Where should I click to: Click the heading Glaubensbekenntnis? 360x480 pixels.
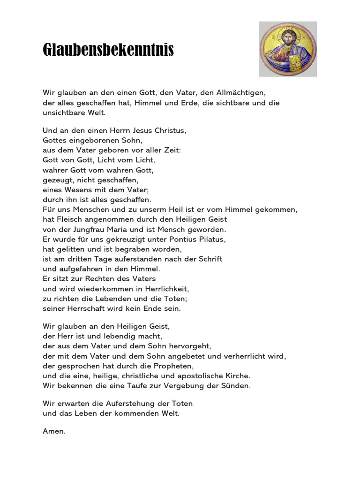[x=108, y=49]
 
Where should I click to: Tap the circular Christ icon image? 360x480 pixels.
[x=288, y=49]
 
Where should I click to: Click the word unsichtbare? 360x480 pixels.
[x=64, y=113]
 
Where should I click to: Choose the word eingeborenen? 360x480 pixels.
[x=94, y=140]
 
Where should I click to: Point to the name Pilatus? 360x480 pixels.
[x=212, y=239]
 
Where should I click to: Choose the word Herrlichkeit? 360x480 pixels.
[x=163, y=288]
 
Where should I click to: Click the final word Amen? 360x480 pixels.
[x=53, y=431]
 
